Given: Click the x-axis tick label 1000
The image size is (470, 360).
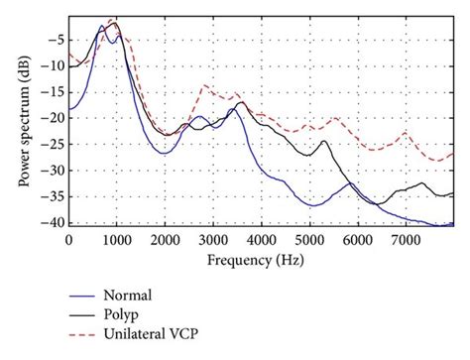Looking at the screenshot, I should click(x=116, y=239).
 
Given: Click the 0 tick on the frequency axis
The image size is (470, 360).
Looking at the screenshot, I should click(x=68, y=239).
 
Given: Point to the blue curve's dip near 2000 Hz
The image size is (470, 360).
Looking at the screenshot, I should click(x=165, y=153).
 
